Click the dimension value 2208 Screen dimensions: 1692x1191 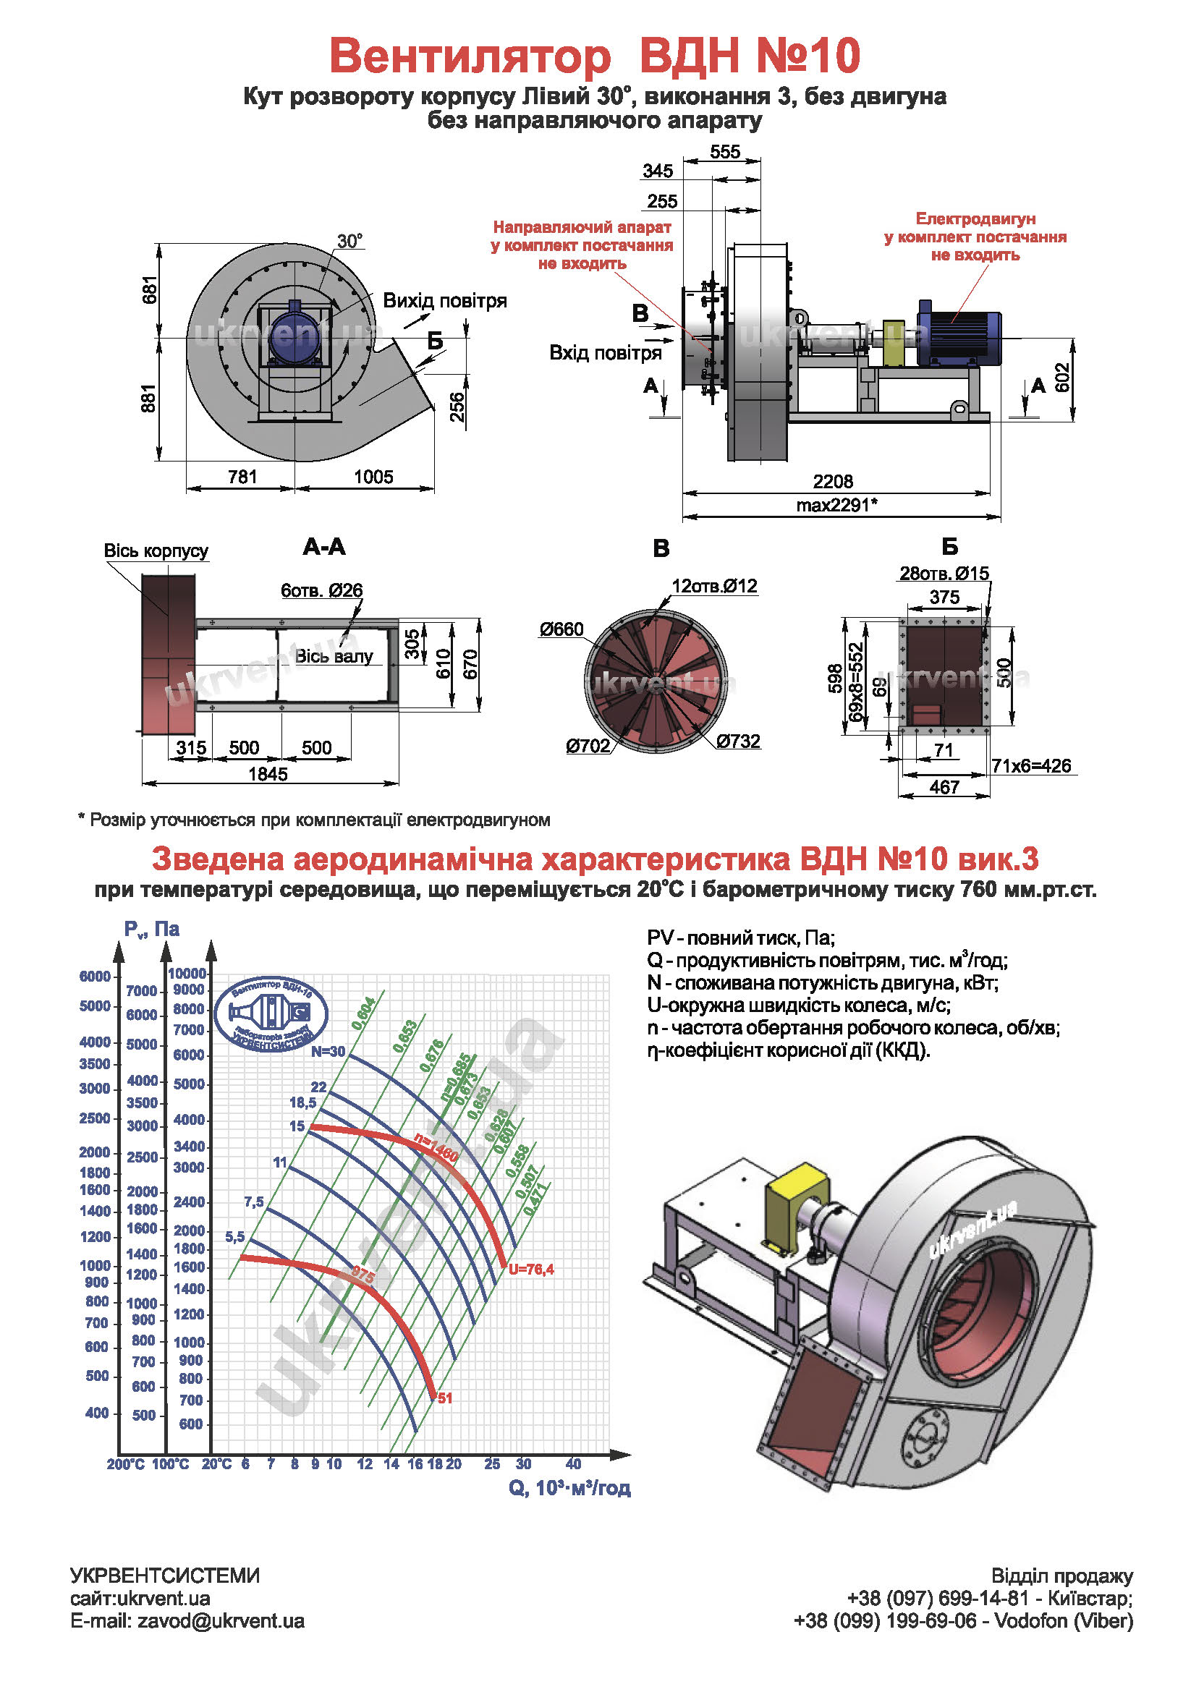[833, 481]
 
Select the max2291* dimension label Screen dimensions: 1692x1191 [836, 505]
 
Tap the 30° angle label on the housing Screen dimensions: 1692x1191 [349, 242]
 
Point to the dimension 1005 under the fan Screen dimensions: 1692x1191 [373, 477]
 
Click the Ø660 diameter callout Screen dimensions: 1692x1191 [561, 629]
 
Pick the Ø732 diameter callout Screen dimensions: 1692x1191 [738, 741]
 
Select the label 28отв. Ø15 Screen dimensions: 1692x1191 [944, 574]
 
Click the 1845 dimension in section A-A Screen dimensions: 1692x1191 [268, 774]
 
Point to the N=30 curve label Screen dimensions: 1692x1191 [327, 1052]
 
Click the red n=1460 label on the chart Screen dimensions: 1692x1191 [436, 1147]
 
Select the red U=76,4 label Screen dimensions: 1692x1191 [530, 1269]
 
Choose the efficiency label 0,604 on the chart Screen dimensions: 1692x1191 [363, 1013]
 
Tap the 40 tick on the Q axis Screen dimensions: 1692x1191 [573, 1463]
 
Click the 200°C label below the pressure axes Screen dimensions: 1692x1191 [125, 1464]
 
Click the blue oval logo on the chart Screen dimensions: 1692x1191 [271, 1014]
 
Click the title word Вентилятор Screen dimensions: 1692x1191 [470, 56]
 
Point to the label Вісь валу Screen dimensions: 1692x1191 [334, 656]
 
